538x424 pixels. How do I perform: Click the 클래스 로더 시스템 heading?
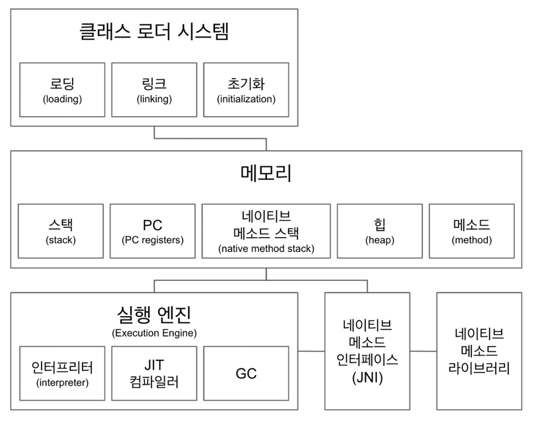point(154,31)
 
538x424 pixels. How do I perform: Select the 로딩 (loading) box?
point(62,90)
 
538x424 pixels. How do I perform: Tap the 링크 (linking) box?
point(154,90)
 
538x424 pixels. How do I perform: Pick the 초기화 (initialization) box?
point(246,90)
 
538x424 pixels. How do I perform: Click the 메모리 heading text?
point(266,173)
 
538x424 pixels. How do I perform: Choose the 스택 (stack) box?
point(61,231)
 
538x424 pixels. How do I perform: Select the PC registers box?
point(153,231)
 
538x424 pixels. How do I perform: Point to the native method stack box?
point(266,231)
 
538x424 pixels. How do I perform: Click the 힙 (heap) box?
point(380,231)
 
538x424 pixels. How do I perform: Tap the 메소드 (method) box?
point(471,231)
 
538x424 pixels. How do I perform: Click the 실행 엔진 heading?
point(154,314)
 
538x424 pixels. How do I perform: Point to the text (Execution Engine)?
point(154,333)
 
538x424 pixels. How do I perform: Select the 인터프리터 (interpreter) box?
point(62,373)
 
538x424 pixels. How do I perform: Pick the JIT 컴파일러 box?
point(154,373)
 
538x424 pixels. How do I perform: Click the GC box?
point(246,373)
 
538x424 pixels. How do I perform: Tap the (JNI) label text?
point(367,377)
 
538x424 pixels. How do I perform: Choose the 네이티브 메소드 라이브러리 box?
point(479,351)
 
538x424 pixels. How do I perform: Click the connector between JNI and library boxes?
point(423,351)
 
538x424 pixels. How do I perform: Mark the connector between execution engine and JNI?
point(311,351)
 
